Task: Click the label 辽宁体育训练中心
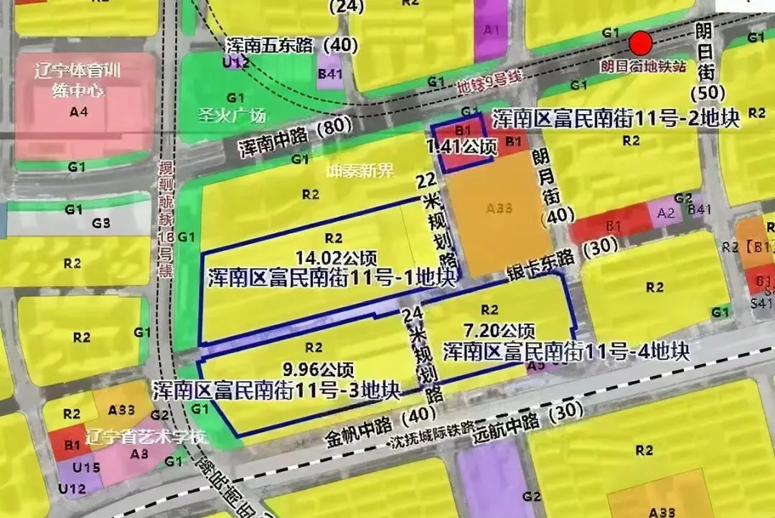pos(78,80)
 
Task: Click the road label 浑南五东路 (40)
pos(291,45)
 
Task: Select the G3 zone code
pos(101,223)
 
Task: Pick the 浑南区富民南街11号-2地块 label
pos(615,119)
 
